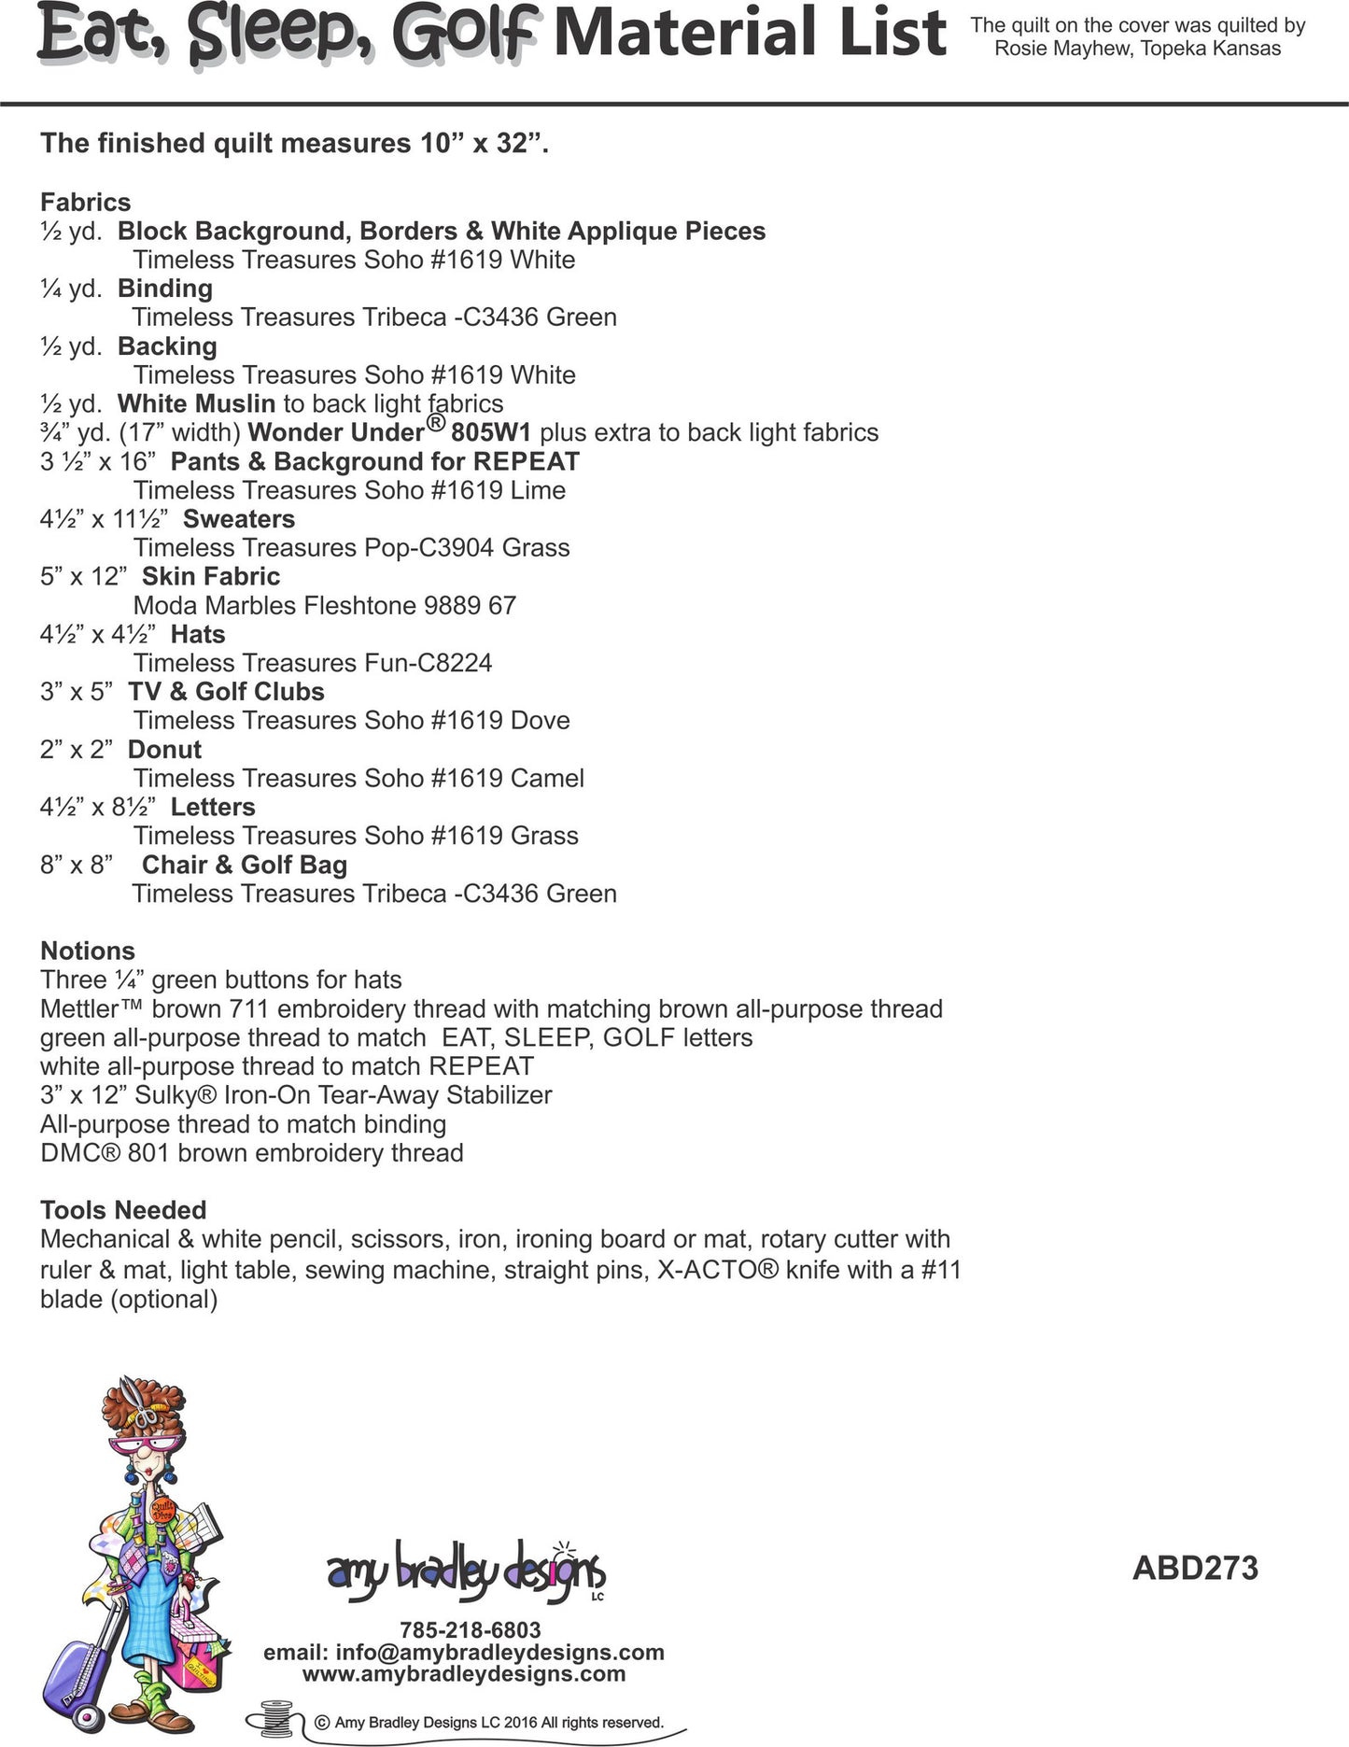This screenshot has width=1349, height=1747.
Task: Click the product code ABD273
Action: coord(1195,1568)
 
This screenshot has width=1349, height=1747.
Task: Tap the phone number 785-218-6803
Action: coord(470,1629)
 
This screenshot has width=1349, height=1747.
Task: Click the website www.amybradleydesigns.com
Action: coord(463,1673)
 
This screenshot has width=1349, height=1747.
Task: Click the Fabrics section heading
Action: coord(85,202)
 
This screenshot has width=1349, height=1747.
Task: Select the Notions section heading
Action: coord(88,951)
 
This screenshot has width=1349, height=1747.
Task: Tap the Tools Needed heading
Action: coord(123,1210)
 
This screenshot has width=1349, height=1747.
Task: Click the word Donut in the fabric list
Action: coord(164,749)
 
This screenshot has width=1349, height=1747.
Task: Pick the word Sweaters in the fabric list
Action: coord(238,519)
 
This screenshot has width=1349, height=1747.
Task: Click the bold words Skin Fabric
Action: coord(210,576)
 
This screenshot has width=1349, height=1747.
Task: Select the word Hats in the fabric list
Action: coord(198,634)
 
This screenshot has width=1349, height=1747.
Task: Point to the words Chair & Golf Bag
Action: coord(244,865)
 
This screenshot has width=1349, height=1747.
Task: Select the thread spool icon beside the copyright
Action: coord(276,1721)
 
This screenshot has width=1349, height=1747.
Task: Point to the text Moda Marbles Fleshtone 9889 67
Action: coord(324,605)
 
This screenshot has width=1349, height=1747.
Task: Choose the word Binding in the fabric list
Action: coord(164,289)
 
